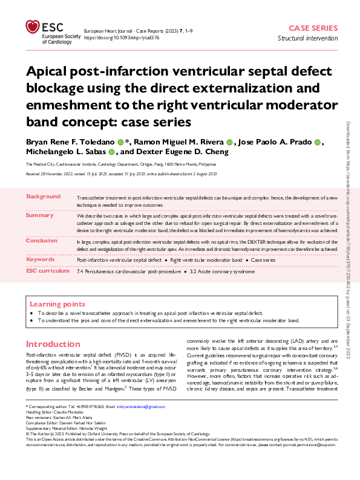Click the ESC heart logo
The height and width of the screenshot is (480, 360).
pos(33,27)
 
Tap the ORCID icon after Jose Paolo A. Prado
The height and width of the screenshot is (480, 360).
pos(318,142)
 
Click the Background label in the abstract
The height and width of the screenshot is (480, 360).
pos(44,197)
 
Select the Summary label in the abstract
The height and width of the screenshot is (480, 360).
pos(40,215)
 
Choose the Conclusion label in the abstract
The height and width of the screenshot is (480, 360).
pos(42,240)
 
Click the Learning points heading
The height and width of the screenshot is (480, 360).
pos(57,303)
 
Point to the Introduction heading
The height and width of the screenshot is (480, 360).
pos(53,343)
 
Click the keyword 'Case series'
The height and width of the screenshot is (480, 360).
pos(264,260)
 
